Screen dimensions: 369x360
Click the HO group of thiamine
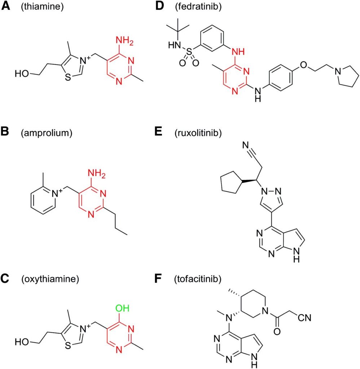coord(22,75)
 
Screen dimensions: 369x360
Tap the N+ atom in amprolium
coord(57,194)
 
